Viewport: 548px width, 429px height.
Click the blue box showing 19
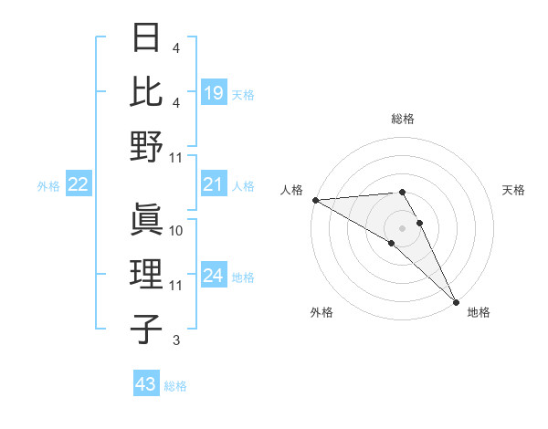(214, 93)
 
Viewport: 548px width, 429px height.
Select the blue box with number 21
(214, 185)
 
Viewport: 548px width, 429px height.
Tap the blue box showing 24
(214, 276)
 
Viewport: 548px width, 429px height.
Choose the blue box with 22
(79, 185)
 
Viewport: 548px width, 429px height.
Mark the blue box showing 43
(146, 384)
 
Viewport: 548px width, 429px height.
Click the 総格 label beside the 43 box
(175, 386)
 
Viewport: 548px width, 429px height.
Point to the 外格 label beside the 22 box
(48, 186)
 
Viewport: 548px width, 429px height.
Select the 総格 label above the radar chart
(403, 119)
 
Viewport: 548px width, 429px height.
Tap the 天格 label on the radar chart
(513, 190)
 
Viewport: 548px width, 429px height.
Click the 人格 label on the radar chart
(292, 190)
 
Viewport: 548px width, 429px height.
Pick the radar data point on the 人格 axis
(315, 200)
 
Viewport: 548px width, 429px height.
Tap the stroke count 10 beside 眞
(177, 231)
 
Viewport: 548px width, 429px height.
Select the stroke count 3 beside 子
(176, 340)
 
